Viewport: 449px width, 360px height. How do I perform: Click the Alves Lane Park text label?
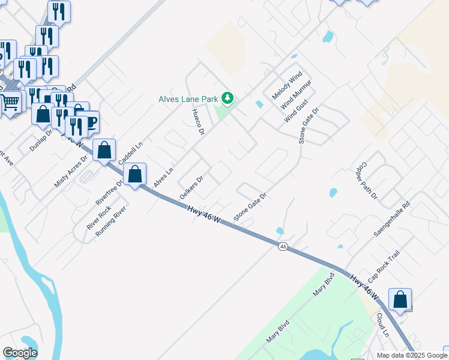pyautogui.click(x=188, y=99)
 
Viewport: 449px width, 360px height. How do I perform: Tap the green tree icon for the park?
pyautogui.click(x=227, y=98)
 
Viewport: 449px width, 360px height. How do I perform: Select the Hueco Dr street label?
pyautogui.click(x=199, y=122)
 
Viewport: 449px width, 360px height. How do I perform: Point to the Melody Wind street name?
pyautogui.click(x=287, y=86)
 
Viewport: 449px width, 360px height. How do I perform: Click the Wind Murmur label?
pyautogui.click(x=296, y=94)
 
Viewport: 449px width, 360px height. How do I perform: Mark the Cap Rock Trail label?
pyautogui.click(x=384, y=266)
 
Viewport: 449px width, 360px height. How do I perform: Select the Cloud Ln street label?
pyautogui.click(x=383, y=325)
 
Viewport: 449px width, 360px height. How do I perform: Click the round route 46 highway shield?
pyautogui.click(x=282, y=246)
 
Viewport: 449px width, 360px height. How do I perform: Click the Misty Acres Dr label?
pyautogui.click(x=71, y=170)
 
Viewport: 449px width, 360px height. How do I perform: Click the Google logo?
pyautogui.click(x=20, y=353)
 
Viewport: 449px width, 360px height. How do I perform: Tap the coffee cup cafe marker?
pyautogui.click(x=88, y=121)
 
